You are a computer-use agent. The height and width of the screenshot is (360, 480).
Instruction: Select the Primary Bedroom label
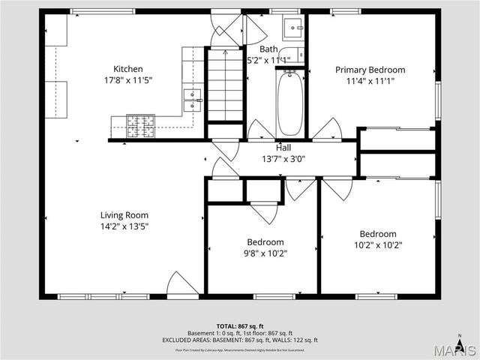point(370,70)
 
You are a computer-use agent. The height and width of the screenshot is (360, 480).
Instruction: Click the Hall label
point(283,148)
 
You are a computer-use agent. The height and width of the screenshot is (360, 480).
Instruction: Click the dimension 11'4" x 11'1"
point(370,81)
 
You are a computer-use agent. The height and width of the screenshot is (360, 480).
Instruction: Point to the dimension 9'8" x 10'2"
point(265,253)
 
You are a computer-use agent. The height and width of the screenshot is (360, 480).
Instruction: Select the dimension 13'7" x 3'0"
point(283,159)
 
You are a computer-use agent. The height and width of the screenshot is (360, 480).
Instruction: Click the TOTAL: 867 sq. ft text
point(239,326)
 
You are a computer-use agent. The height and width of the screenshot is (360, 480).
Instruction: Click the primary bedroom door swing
point(328,129)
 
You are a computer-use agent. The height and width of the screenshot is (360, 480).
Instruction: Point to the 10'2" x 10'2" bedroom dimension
point(377,244)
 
